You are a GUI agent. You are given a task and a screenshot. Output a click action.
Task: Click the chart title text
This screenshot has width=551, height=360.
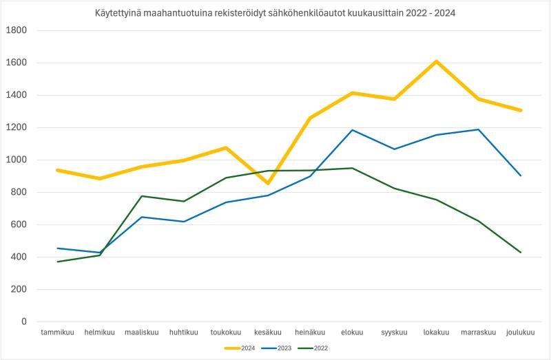click(x=275, y=12)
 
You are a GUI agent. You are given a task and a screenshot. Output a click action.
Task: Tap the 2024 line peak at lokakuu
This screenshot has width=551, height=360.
click(x=436, y=61)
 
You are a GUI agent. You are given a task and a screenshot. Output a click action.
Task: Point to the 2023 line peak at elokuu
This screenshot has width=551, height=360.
click(x=352, y=130)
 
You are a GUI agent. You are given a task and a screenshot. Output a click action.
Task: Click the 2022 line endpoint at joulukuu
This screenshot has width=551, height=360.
click(x=521, y=253)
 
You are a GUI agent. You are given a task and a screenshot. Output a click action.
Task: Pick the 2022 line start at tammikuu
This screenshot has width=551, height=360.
click(x=58, y=262)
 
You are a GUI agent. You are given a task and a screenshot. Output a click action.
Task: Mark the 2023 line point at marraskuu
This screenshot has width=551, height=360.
click(x=478, y=129)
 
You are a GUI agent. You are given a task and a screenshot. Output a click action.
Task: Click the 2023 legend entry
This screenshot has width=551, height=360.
click(x=280, y=348)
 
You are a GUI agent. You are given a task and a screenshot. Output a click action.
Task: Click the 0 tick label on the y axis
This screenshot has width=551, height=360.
click(x=23, y=321)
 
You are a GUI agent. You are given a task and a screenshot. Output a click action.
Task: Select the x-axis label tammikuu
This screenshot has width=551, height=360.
click(x=58, y=332)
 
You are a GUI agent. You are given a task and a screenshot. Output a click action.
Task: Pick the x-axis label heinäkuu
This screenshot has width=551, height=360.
click(x=310, y=332)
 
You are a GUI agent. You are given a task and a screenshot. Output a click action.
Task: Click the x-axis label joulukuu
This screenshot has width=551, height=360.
click(x=521, y=332)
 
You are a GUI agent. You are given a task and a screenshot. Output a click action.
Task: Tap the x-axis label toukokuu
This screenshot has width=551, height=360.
click(x=226, y=332)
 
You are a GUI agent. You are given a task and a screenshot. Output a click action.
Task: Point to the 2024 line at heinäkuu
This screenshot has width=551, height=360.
click(x=310, y=118)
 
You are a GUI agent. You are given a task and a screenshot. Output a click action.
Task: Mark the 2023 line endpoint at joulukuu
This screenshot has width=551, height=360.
click(x=521, y=176)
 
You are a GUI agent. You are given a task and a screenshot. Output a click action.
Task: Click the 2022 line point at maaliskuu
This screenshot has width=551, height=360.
click(x=142, y=196)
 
